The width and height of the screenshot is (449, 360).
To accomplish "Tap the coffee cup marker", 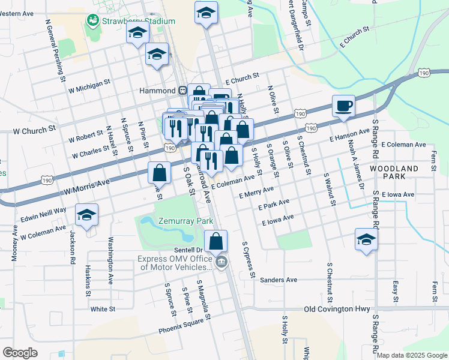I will [x=344, y=106].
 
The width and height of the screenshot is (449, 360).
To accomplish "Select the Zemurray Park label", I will [x=185, y=221].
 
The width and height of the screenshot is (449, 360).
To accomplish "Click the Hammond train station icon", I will [x=181, y=90].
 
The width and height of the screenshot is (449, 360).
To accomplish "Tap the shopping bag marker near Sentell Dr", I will [x=216, y=241].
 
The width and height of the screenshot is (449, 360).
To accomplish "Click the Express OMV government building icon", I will [x=221, y=261].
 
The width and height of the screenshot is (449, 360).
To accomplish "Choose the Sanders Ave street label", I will [x=279, y=280].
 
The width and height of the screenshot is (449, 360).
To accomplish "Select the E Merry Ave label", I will [x=256, y=193].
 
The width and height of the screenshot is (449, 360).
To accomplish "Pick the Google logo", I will [x=20, y=352].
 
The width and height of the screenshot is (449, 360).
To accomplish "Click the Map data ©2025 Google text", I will [x=411, y=355].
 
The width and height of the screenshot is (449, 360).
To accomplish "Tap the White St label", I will [x=103, y=309].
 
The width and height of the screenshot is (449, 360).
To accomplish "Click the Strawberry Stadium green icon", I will [x=92, y=21].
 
